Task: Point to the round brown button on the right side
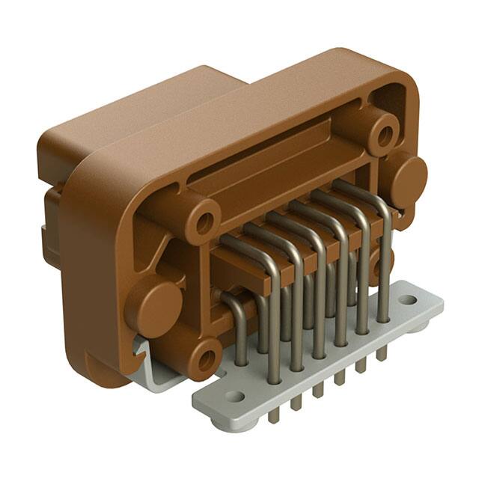pos(408,180)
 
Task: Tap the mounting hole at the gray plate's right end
pos(407,300)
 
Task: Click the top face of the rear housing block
pos(150,105)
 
